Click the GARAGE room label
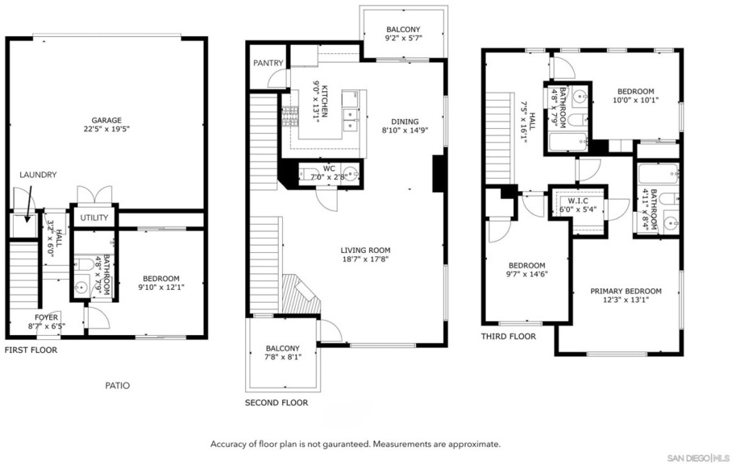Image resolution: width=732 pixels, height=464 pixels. (106, 120)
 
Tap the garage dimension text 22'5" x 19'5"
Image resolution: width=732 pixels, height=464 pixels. (106, 129)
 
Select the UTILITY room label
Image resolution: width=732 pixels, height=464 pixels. (94, 217)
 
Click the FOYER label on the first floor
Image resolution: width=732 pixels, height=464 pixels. (46, 317)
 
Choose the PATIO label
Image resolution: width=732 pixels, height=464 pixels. (117, 386)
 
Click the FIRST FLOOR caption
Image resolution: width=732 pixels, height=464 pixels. (31, 350)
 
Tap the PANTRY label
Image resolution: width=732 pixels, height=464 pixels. (268, 63)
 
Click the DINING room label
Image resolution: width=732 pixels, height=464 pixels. (405, 122)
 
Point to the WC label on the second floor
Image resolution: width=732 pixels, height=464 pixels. (329, 168)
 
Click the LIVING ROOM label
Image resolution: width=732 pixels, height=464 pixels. (365, 251)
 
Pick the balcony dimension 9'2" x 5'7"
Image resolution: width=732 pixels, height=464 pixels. (403, 39)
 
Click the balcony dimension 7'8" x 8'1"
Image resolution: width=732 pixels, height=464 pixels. (283, 357)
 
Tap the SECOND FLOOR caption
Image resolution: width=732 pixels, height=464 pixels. (277, 403)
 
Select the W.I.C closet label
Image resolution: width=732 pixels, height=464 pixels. (578, 201)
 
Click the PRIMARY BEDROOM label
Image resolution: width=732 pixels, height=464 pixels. (626, 291)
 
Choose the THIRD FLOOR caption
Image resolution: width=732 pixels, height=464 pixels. (509, 336)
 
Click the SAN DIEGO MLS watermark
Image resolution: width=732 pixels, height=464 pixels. (698, 457)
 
